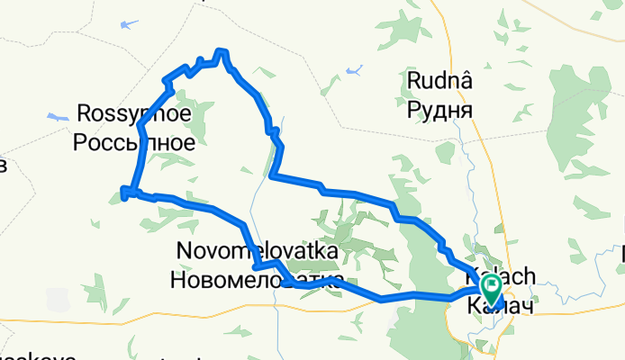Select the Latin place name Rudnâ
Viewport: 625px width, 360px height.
pos(441,83)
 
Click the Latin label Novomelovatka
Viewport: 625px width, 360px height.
pos(258,253)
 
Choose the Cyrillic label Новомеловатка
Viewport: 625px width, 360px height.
pos(258,280)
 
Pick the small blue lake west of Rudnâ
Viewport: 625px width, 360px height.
pos(354,69)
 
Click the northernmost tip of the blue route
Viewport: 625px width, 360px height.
pos(221,51)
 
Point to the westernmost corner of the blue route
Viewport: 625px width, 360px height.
pos(123,189)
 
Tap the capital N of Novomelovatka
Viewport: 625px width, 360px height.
pos(184,253)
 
